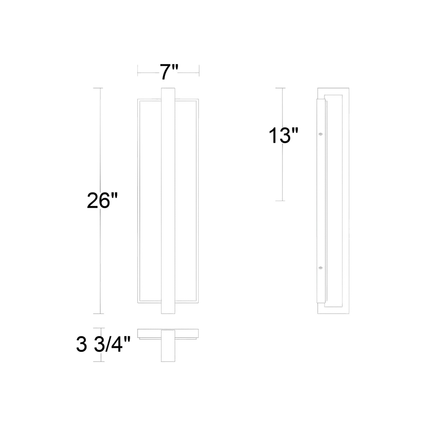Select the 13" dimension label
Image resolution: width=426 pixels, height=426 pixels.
[283, 136]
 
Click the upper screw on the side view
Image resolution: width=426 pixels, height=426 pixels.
[321, 134]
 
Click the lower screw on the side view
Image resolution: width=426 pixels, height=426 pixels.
[321, 268]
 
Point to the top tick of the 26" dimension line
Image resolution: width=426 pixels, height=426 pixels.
[101, 88]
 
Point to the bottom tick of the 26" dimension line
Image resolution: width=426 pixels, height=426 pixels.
[101, 314]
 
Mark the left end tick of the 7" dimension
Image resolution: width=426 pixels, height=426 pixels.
[138, 70]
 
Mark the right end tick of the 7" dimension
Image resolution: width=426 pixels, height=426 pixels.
[199, 70]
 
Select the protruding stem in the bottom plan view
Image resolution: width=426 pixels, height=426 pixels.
[168, 351]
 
